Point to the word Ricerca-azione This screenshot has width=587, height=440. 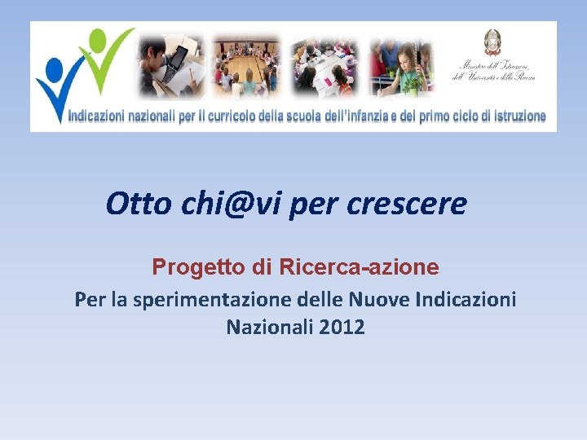pos(358,267)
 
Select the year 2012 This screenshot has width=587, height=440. pos(342,328)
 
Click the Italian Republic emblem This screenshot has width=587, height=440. pos(492,42)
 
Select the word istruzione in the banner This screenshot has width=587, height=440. pos(514,117)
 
